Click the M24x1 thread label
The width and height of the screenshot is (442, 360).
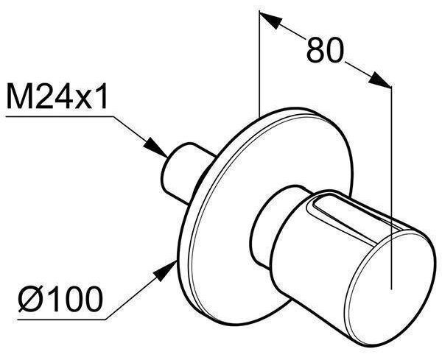pyautogui.click(x=57, y=96)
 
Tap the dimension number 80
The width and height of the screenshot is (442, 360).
pyautogui.click(x=326, y=50)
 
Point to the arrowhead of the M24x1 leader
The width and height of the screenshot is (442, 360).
pyautogui.click(x=155, y=147)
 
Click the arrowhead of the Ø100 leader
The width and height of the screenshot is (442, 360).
pyautogui.click(x=165, y=271)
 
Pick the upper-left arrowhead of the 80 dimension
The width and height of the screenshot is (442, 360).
pyautogui.click(x=270, y=20)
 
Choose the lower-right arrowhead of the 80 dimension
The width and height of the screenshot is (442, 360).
pyautogui.click(x=379, y=80)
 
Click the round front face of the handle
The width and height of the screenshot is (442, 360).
pyautogui.click(x=390, y=288)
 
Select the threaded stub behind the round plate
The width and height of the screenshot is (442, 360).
pyautogui.click(x=186, y=172)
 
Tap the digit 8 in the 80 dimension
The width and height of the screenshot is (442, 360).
pyautogui.click(x=315, y=50)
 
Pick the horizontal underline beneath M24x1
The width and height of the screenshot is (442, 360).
pyautogui.click(x=60, y=116)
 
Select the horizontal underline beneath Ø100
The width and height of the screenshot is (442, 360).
pyautogui.click(x=62, y=320)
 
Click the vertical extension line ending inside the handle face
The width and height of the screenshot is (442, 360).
pyautogui.click(x=392, y=188)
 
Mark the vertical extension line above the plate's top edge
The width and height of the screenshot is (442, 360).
pyautogui.click(x=259, y=63)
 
